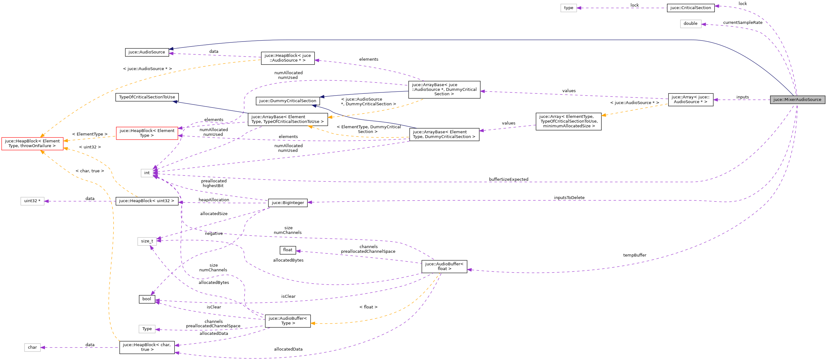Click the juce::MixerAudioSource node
click(797, 100)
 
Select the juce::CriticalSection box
click(691, 8)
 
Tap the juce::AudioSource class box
click(147, 52)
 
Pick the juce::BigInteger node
click(288, 203)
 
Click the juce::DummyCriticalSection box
click(287, 101)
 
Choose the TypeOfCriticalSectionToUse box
click(147, 97)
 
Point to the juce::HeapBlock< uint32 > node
click(147, 201)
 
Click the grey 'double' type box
click(690, 24)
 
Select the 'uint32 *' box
click(32, 201)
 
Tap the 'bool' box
click(147, 299)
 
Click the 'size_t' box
click(147, 241)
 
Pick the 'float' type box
click(288, 250)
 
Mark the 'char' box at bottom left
click(32, 347)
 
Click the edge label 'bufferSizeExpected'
click(509, 179)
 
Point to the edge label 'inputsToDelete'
click(569, 197)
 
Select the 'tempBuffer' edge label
click(635, 255)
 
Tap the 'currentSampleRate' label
click(742, 22)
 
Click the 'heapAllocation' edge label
click(214, 200)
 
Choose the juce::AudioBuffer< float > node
click(444, 267)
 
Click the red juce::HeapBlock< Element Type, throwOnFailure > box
click(32, 143)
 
